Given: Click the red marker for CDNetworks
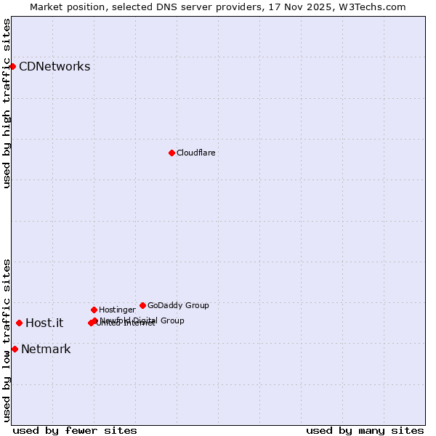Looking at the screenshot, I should tap(12, 67).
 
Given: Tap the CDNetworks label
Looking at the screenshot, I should tap(54, 67).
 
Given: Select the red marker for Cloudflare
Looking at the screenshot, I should tap(171, 153).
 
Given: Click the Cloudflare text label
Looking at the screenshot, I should tap(195, 153).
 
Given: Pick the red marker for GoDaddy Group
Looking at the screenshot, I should tap(142, 305).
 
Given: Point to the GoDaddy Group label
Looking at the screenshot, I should tap(178, 305).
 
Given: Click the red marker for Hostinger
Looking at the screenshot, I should tap(94, 310).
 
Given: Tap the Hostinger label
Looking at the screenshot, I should tap(117, 310).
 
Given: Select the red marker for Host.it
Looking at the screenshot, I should tap(19, 323).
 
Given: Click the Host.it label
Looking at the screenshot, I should tap(44, 323).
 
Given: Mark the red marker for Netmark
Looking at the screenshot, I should tap(15, 350).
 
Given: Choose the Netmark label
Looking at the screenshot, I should tap(46, 350).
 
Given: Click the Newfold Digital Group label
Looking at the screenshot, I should tap(142, 320).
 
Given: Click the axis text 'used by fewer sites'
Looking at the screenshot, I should tap(75, 430).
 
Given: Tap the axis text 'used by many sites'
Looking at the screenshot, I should tap(365, 430).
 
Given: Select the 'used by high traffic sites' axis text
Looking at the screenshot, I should tap(7, 103).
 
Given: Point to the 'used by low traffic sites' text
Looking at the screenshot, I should tap(7, 340).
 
